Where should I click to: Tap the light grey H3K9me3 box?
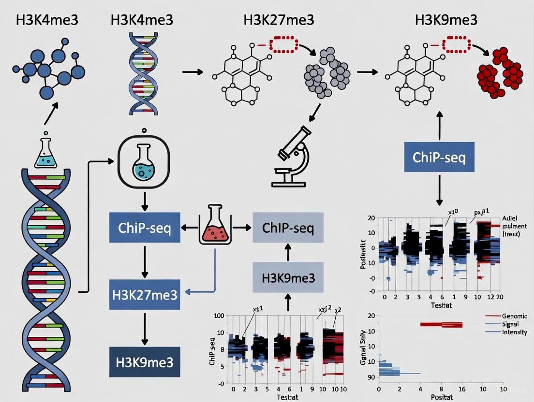(x=288, y=279)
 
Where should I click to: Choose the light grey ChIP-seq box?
(x=288, y=227)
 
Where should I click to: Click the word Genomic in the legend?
(x=515, y=316)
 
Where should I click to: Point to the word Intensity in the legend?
(x=514, y=332)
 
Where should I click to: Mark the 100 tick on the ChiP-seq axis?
(x=219, y=316)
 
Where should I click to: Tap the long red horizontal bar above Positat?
(x=442, y=325)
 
